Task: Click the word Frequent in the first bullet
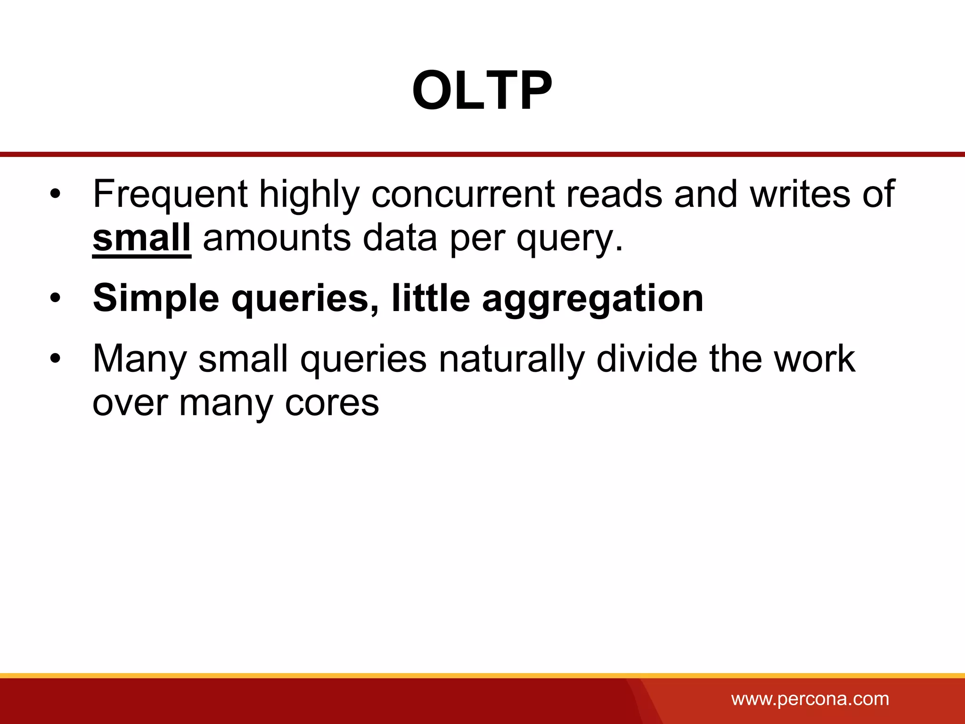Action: (170, 194)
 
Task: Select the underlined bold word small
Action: (141, 238)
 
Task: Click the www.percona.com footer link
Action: (810, 699)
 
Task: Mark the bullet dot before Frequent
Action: (56, 195)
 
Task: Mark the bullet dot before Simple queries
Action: (56, 299)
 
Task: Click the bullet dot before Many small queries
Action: (56, 360)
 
